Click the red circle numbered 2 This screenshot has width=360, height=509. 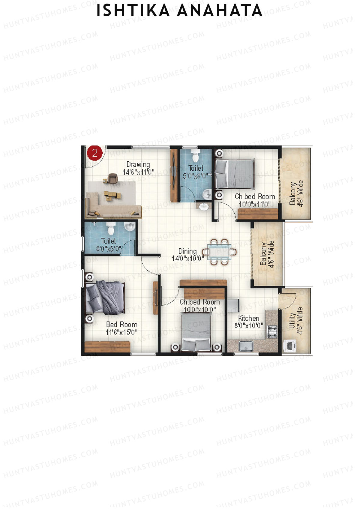point(95,153)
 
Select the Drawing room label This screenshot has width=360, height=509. point(138,164)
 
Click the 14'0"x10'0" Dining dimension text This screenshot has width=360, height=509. point(188,258)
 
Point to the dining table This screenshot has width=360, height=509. point(219,252)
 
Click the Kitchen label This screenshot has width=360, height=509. point(249,318)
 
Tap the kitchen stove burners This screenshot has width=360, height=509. point(272,332)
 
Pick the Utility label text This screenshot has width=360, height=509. point(291,321)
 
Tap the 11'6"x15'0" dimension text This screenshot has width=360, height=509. point(121,332)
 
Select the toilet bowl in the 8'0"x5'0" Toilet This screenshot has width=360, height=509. point(111,229)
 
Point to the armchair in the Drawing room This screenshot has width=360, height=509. point(112,178)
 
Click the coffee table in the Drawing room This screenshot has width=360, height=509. point(113,195)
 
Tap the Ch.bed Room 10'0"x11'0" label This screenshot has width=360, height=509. point(255,200)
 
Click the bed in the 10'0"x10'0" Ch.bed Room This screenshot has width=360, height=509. point(196,331)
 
